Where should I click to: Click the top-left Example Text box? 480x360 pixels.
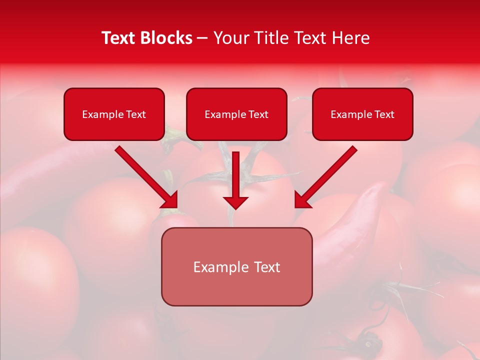coord(114,114)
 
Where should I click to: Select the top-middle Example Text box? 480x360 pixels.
coord(236,114)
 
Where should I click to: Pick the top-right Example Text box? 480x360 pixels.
coord(362,114)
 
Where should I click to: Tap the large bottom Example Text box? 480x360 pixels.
coord(236,267)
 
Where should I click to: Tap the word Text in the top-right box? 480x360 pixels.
coord(384,114)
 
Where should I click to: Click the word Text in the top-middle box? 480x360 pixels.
coord(258,114)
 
